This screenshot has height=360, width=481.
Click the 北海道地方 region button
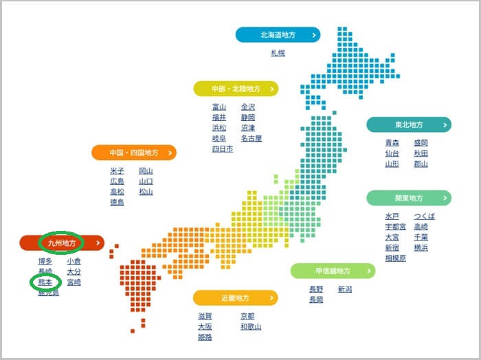[x=278, y=34]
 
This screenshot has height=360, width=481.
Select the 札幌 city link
[x=278, y=52]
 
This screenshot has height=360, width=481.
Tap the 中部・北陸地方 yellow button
[x=236, y=89]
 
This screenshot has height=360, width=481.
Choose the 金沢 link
[x=248, y=106]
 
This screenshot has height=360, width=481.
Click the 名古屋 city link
[x=251, y=138]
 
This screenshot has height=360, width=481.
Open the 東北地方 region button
[x=409, y=124]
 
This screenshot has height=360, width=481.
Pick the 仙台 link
[x=392, y=153]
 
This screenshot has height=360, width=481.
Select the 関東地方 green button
[x=409, y=199]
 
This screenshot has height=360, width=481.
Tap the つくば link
[x=425, y=216]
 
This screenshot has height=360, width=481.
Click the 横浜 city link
[x=421, y=247]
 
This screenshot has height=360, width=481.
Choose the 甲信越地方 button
[x=333, y=271]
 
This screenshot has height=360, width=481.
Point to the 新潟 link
[x=345, y=289]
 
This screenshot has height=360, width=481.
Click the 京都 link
[x=247, y=315]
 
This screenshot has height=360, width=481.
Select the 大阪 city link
[x=205, y=326]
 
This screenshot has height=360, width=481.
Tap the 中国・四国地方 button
[x=134, y=153]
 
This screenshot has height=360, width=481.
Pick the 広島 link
[x=117, y=181]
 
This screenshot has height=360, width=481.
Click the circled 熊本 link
[x=45, y=282]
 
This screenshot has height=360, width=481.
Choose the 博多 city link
[x=45, y=261]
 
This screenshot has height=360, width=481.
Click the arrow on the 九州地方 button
[x=99, y=242]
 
